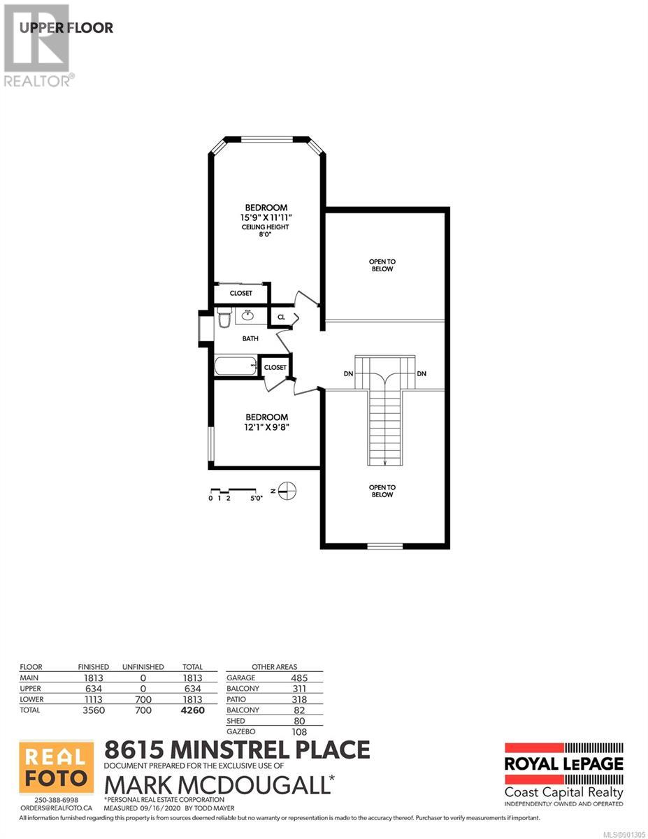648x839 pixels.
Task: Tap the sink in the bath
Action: point(247,315)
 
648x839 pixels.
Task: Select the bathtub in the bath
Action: point(236,365)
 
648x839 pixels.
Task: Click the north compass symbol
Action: point(287,491)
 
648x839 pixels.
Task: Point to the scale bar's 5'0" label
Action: point(257,498)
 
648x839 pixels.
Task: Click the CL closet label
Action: point(281,317)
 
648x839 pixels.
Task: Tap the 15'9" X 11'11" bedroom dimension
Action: point(266,217)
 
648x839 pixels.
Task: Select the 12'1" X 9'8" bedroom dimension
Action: point(267,427)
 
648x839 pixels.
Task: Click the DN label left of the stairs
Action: point(348,374)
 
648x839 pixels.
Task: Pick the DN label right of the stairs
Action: point(422,374)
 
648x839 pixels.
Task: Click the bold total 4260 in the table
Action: point(193,710)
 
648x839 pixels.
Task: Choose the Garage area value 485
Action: point(299,677)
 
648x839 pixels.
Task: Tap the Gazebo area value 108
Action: point(299,731)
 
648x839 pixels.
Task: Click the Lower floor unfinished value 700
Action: point(143,699)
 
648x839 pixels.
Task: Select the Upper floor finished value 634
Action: point(94,689)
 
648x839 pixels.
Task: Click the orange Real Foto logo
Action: point(57,766)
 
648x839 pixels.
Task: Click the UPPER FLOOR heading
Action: point(66,28)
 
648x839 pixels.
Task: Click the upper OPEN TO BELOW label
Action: point(382,265)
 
